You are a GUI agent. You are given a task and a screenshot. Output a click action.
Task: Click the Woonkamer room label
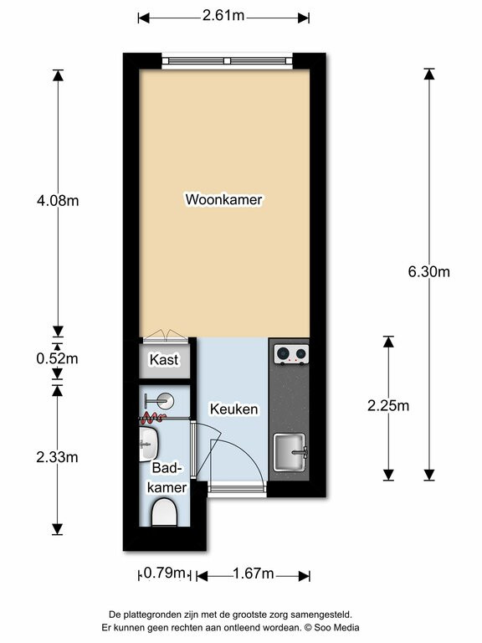tap(223, 200)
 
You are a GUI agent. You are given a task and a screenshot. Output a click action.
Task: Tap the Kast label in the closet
tap(164, 360)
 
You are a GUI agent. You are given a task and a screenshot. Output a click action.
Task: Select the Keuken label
tap(234, 409)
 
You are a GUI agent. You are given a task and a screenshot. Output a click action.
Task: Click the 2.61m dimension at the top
tap(223, 16)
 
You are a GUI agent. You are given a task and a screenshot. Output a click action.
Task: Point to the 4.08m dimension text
tap(58, 201)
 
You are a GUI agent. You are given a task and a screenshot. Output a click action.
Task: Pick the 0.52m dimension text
tap(58, 358)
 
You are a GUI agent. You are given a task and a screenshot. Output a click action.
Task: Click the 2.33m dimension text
tap(58, 457)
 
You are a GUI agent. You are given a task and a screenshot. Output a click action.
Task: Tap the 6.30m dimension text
tap(428, 271)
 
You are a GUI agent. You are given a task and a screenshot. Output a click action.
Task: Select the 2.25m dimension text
tap(388, 405)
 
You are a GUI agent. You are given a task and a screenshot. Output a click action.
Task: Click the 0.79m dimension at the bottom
tap(164, 573)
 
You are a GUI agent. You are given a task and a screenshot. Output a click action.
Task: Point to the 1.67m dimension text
tap(254, 574)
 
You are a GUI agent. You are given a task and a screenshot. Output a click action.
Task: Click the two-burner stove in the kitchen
tap(291, 354)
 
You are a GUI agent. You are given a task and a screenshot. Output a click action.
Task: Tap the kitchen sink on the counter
tap(290, 452)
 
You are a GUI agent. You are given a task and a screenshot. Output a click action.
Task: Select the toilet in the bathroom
tap(165, 512)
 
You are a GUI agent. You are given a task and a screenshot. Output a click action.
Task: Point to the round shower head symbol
tap(165, 400)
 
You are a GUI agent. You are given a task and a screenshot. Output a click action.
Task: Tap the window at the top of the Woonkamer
tap(228, 61)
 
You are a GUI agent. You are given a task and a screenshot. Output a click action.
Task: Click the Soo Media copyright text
tap(331, 627)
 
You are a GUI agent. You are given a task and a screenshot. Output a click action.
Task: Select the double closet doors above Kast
tap(165, 336)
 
